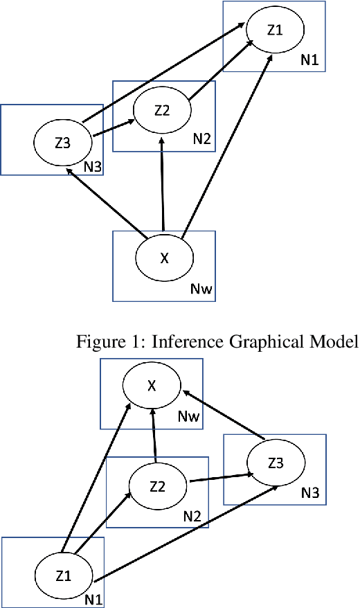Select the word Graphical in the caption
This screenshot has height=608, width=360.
(x=261, y=342)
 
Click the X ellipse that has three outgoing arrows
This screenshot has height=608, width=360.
(x=164, y=258)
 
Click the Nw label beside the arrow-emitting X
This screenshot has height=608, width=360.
(x=201, y=289)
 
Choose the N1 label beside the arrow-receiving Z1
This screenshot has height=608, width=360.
(x=309, y=61)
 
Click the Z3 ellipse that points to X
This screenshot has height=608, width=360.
(x=276, y=463)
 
